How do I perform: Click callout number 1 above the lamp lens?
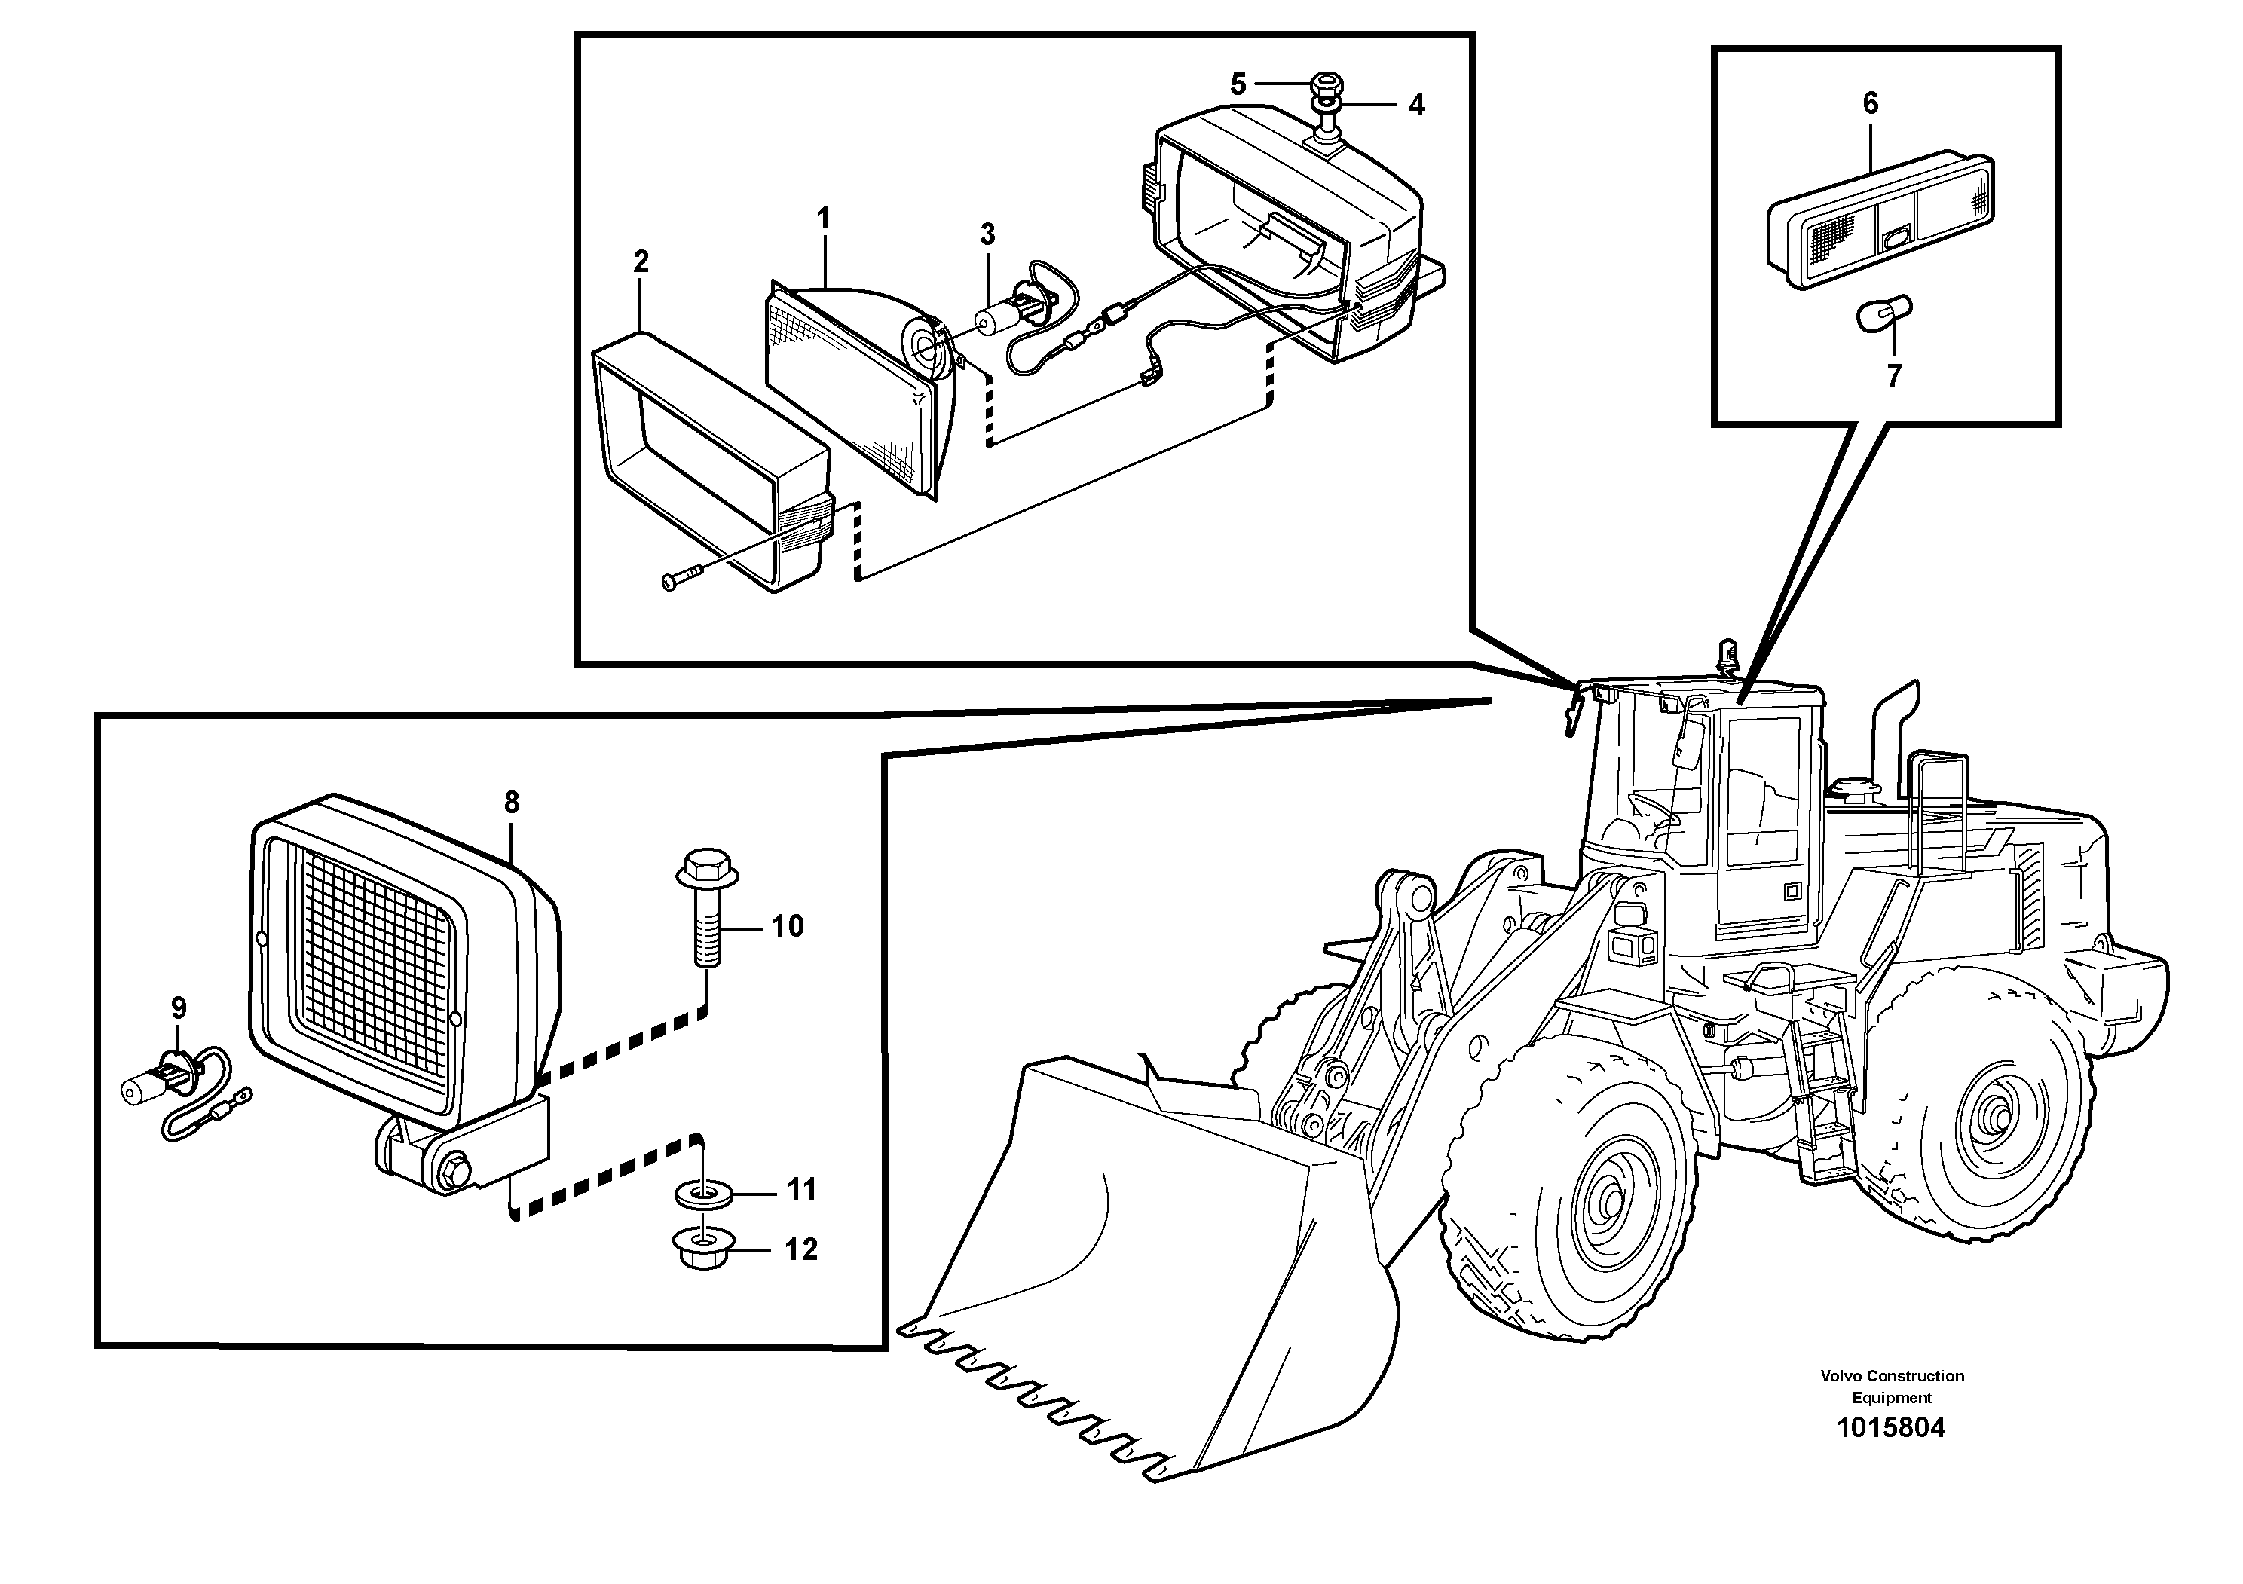tap(824, 218)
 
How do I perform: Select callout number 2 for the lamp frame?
tap(641, 261)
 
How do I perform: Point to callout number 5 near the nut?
tap(1238, 85)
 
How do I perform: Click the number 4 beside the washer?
tap(1416, 105)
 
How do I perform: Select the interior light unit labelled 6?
tap(1880, 220)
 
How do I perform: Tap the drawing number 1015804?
tap(1891, 1428)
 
